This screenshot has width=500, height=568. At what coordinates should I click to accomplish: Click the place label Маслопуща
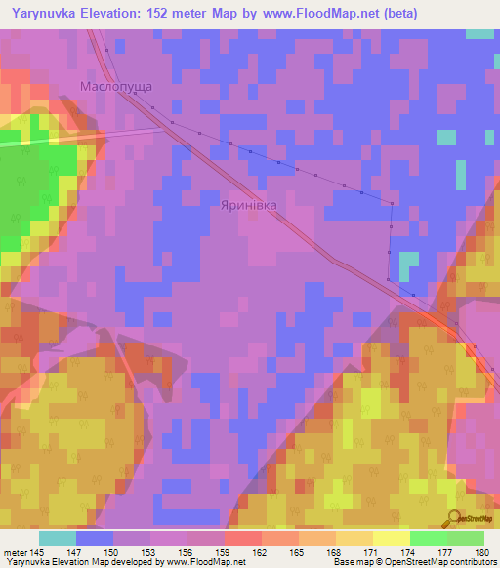point(115,87)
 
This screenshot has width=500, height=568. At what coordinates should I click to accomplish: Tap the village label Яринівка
point(249,206)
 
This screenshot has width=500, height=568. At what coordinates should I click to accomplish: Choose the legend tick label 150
point(113,552)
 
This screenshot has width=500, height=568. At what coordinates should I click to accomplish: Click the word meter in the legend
point(16,552)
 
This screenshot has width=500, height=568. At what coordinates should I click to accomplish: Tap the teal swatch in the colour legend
point(58,538)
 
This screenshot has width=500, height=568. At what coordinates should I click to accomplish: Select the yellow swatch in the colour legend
point(392,538)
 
